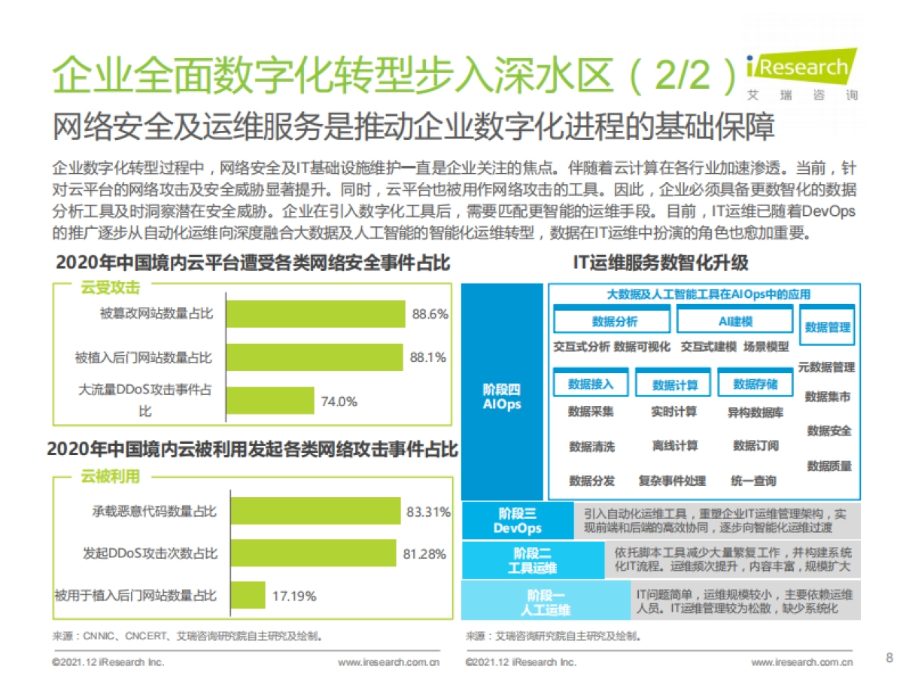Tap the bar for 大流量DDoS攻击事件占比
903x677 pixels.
pyautogui.click(x=269, y=401)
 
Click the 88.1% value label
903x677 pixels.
pyautogui.click(x=428, y=357)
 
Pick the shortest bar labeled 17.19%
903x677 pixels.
pyautogui.click(x=248, y=595)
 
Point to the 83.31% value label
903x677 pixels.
pyautogui.click(x=428, y=512)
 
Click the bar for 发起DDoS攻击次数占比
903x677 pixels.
pyautogui.click(x=313, y=553)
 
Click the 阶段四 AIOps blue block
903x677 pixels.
pyautogui.click(x=502, y=391)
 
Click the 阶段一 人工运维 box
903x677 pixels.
pyautogui.click(x=547, y=601)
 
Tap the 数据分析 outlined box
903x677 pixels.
pyautogui.click(x=611, y=322)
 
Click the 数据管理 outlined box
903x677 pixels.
pyautogui.click(x=828, y=327)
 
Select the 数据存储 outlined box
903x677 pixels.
pyautogui.click(x=755, y=384)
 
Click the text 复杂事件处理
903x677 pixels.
pyautogui.click(x=672, y=480)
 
